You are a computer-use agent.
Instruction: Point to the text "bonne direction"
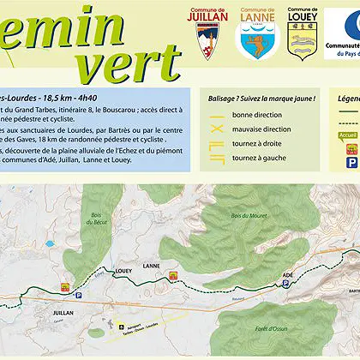click(x=255, y=115)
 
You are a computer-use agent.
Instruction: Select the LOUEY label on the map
click(x=121, y=267)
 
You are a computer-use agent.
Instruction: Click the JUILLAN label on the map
click(x=63, y=313)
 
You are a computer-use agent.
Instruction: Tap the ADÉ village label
click(x=288, y=274)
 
